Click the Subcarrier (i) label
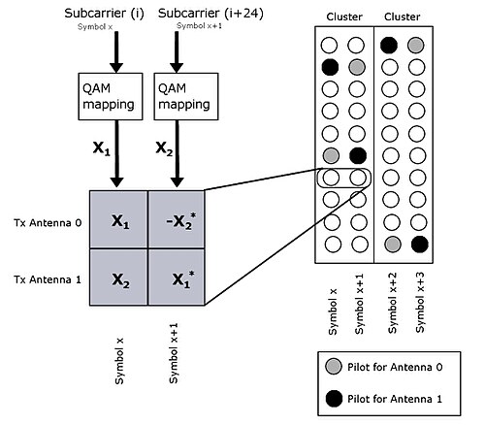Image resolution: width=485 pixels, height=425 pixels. click(x=104, y=14)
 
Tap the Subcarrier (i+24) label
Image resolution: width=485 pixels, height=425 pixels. click(x=210, y=14)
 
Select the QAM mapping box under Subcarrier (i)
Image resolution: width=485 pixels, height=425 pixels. click(x=111, y=96)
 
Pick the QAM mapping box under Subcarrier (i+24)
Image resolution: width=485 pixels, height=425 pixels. click(x=186, y=96)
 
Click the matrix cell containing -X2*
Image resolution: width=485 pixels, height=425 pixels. click(x=177, y=219)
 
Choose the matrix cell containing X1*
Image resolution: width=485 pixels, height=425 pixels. click(x=177, y=278)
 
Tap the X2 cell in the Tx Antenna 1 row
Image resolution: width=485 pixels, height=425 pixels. click(x=118, y=278)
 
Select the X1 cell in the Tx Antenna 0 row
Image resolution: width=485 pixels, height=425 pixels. click(x=118, y=219)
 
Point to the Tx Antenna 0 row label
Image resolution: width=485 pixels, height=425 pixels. click(x=48, y=223)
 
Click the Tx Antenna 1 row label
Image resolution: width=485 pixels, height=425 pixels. click(x=48, y=279)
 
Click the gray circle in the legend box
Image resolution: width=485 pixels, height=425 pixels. click(x=334, y=367)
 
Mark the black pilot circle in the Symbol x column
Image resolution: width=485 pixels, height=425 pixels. click(x=330, y=67)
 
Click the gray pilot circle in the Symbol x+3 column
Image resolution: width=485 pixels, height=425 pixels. click(x=416, y=46)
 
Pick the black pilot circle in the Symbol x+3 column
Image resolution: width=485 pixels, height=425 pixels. click(x=420, y=245)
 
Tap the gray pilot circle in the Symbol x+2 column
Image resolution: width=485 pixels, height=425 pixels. click(x=393, y=245)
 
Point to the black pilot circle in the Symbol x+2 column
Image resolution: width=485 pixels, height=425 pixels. click(x=389, y=46)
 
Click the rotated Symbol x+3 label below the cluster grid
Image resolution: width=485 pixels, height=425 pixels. click(x=420, y=303)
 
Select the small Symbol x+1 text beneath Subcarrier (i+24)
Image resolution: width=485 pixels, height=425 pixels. click(x=199, y=26)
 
